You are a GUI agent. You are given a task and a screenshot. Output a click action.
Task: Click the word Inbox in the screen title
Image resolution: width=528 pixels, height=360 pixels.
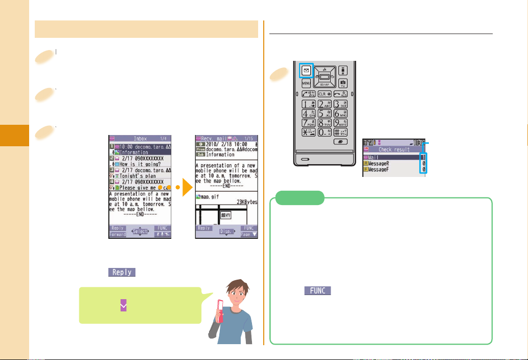click(x=141, y=139)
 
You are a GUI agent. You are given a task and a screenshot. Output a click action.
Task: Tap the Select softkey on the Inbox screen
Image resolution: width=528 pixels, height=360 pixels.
click(x=140, y=232)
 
